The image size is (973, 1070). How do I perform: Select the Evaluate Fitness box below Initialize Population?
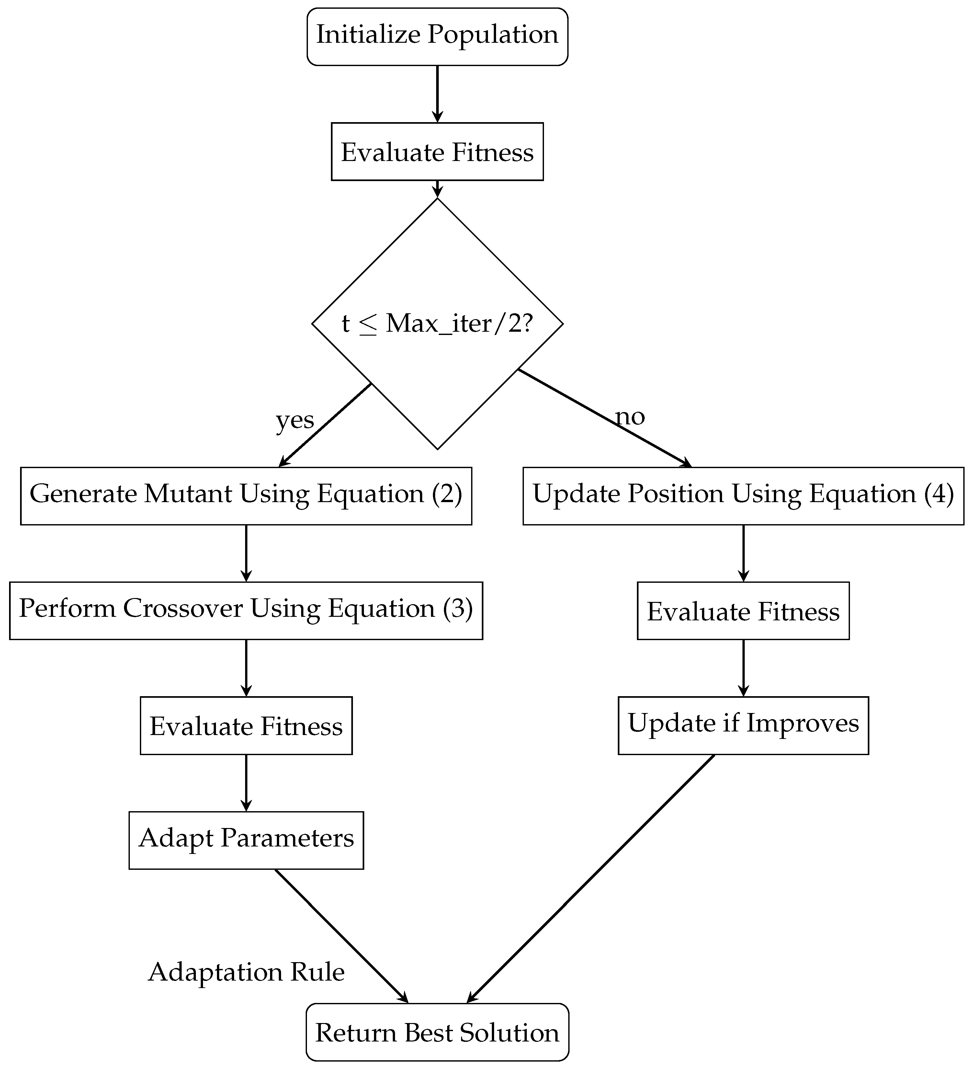pos(437,152)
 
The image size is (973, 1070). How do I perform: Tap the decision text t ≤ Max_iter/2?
pos(437,323)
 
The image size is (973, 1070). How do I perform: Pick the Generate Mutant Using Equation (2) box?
pos(246,496)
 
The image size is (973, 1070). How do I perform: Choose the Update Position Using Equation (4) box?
pos(743,496)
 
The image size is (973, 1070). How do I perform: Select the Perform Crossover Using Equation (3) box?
pos(246,610)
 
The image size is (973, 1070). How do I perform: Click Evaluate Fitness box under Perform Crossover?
pos(246,726)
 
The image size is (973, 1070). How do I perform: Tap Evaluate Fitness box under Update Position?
pos(743,611)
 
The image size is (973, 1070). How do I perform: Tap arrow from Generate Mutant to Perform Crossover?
pos(246,553)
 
